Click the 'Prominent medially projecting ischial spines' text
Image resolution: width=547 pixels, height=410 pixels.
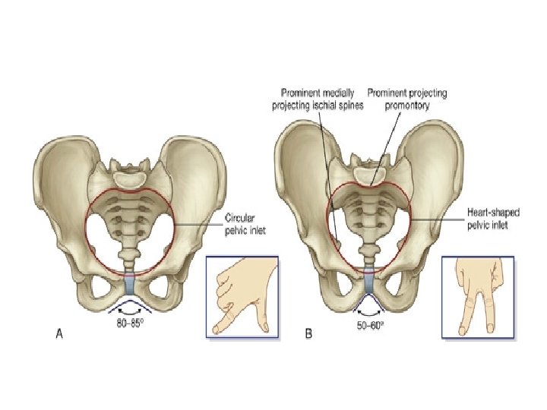pyautogui.click(x=319, y=99)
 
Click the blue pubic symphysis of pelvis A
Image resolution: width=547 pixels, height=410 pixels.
pyautogui.click(x=130, y=285)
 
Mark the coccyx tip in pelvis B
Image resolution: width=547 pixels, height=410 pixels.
pyautogui.click(x=369, y=254)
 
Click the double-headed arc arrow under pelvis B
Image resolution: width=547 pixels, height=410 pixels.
pyautogui.click(x=371, y=311)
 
